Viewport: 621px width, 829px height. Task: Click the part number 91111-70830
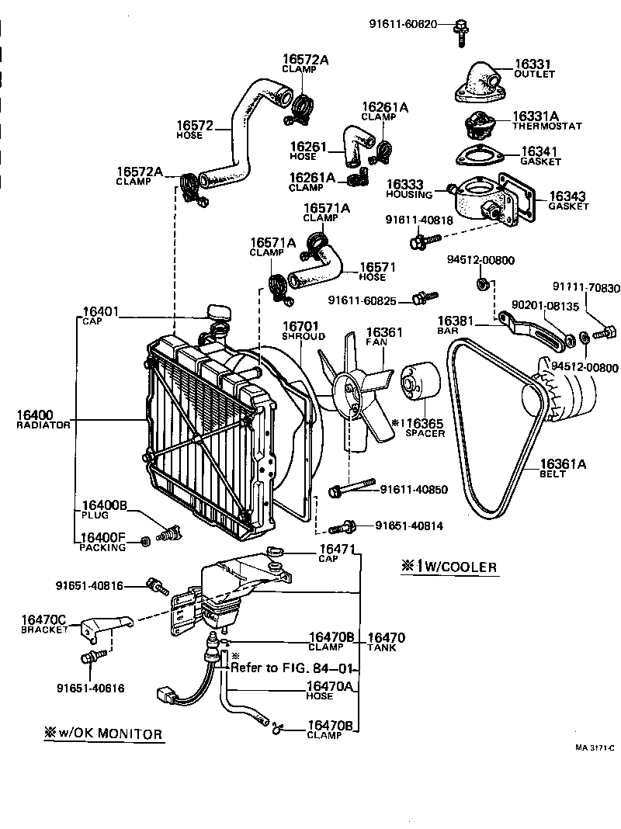click(x=586, y=288)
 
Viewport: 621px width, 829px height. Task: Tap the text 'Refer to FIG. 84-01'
click(x=292, y=668)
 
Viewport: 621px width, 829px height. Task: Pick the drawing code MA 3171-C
click(x=595, y=747)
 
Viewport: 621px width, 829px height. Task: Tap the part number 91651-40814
click(x=408, y=526)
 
